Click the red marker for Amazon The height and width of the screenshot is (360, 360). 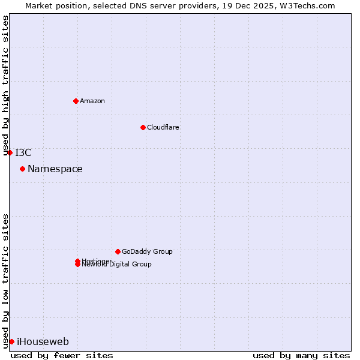pyautogui.click(x=76, y=101)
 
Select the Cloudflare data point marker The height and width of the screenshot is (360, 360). pyautogui.click(x=143, y=127)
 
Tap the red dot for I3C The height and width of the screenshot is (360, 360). pyautogui.click(x=10, y=152)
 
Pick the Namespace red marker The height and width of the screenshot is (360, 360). pyautogui.click(x=22, y=169)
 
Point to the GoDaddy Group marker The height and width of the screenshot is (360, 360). pyautogui.click(x=118, y=251)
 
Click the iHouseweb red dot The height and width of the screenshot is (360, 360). pyautogui.click(x=11, y=341)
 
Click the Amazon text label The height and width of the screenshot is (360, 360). pyautogui.click(x=92, y=101)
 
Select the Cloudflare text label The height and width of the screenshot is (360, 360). pyautogui.click(x=163, y=127)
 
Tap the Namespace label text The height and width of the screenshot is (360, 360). pyautogui.click(x=55, y=169)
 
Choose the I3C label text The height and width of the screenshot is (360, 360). pyautogui.click(x=23, y=152)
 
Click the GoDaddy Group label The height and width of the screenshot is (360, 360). pyautogui.click(x=147, y=251)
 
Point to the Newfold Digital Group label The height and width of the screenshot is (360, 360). pyautogui.click(x=117, y=265)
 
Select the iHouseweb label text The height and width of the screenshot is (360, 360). pyautogui.click(x=43, y=342)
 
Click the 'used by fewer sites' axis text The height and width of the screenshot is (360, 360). pyautogui.click(x=62, y=355)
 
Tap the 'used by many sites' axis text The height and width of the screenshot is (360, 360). pyautogui.click(x=301, y=355)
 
